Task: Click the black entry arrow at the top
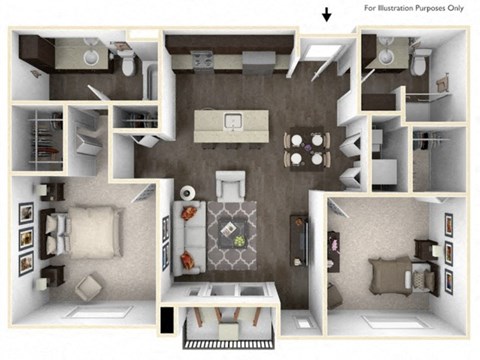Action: pos(327,15)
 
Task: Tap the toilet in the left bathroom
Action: pos(129,64)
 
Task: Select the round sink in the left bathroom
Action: pos(94,57)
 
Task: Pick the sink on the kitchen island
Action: pos(234,123)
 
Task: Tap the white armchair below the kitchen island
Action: pos(231,185)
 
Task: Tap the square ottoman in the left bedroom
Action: pos(92,287)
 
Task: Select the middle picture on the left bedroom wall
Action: pos(26,237)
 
